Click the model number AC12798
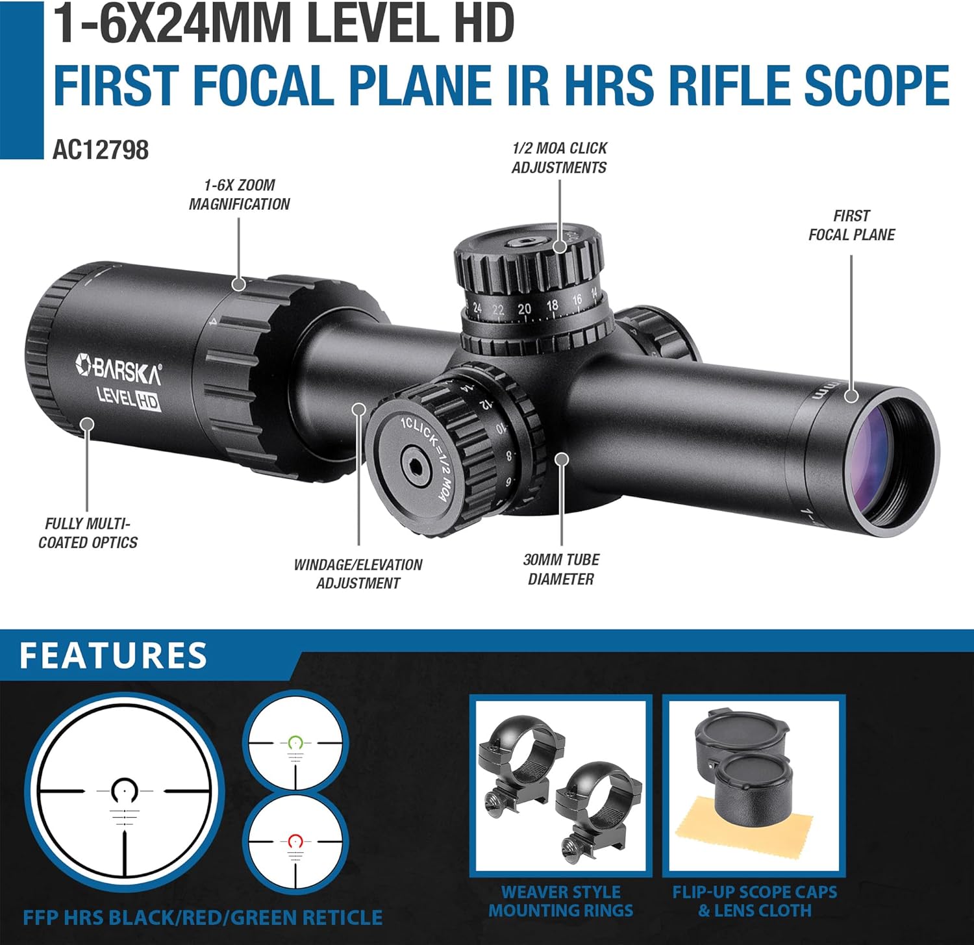(x=101, y=150)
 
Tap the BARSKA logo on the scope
(x=119, y=369)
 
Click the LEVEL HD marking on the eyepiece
(x=128, y=397)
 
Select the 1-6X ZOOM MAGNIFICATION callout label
(x=239, y=195)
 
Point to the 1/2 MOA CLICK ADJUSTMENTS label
(x=559, y=158)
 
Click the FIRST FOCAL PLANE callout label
(x=851, y=225)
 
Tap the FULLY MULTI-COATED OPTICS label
(x=88, y=533)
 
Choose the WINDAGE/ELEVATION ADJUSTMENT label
(x=358, y=574)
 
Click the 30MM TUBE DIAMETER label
(x=561, y=570)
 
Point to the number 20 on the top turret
(x=524, y=309)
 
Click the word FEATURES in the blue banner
(x=114, y=655)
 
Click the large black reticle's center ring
(x=124, y=790)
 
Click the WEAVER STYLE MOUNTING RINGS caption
(x=560, y=901)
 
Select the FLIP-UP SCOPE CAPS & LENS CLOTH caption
(x=755, y=901)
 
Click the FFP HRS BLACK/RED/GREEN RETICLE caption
(x=203, y=918)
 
